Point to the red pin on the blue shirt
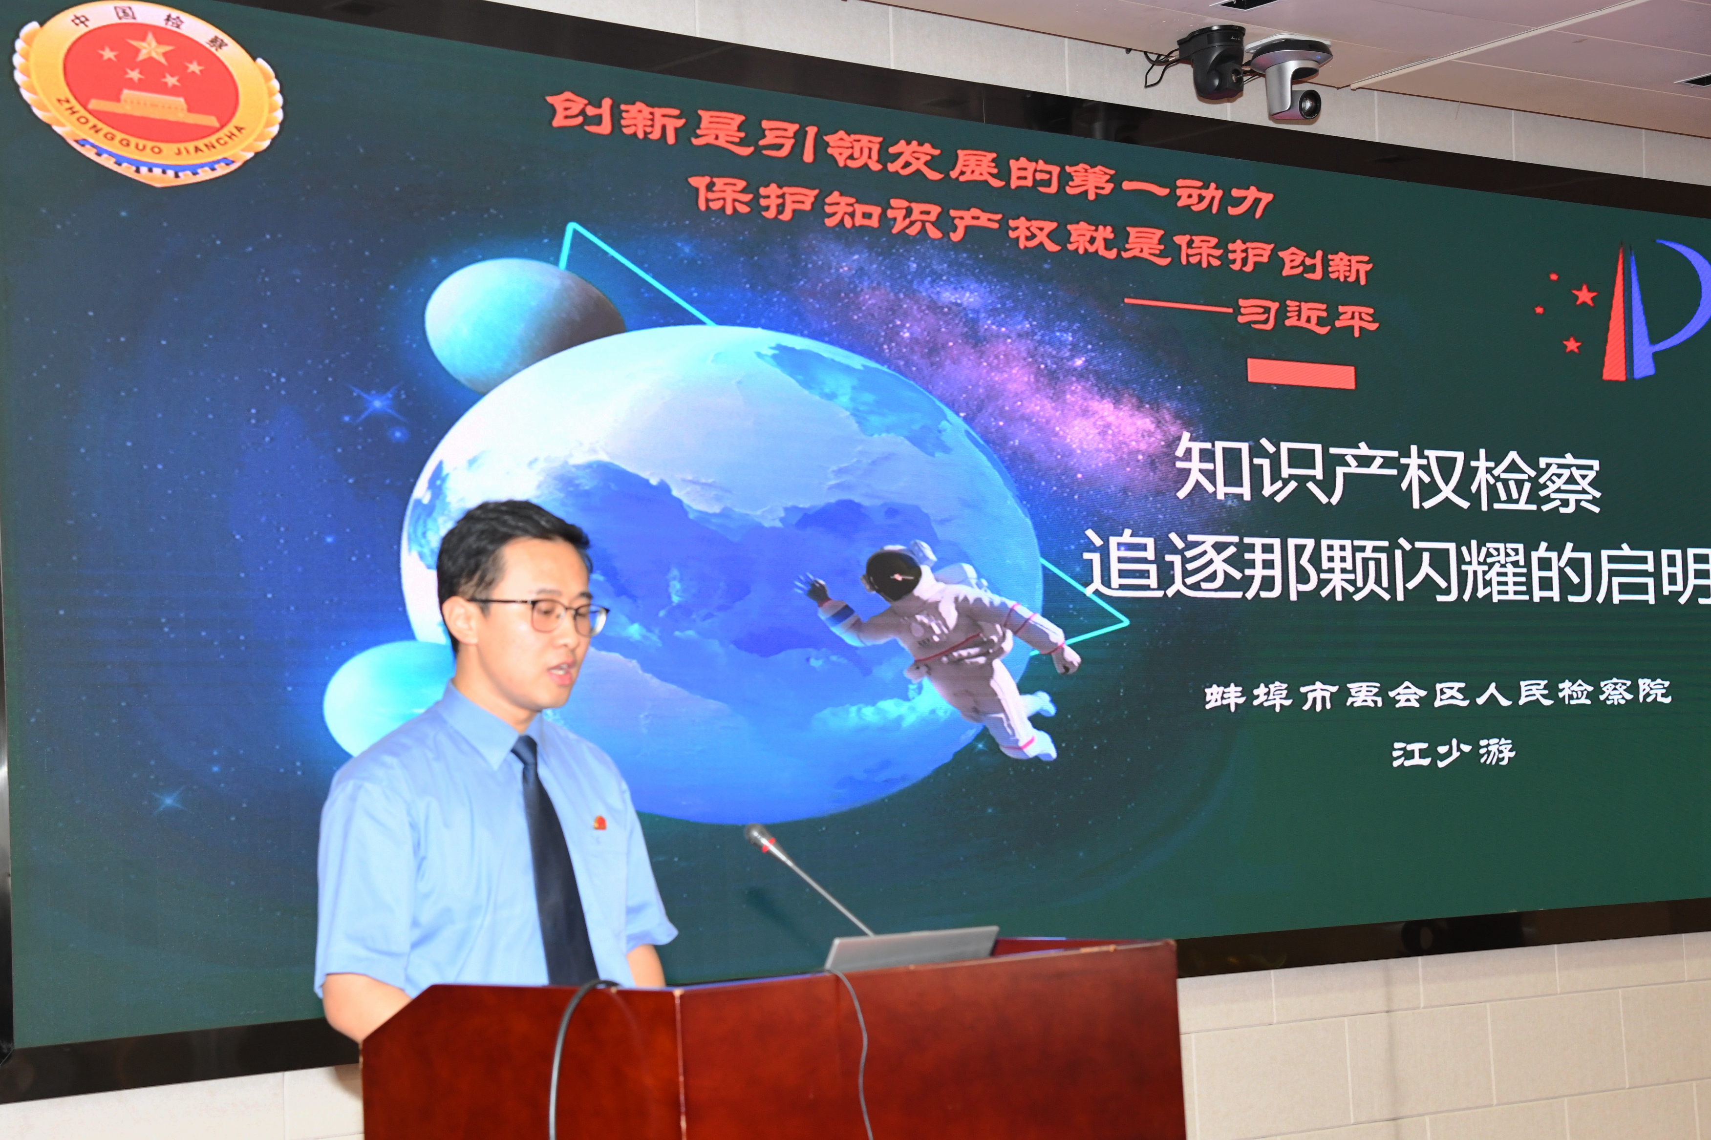(600, 823)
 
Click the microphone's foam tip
(760, 838)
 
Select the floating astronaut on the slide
(938, 647)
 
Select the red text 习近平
(1307, 317)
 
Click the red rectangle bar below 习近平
(1301, 375)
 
